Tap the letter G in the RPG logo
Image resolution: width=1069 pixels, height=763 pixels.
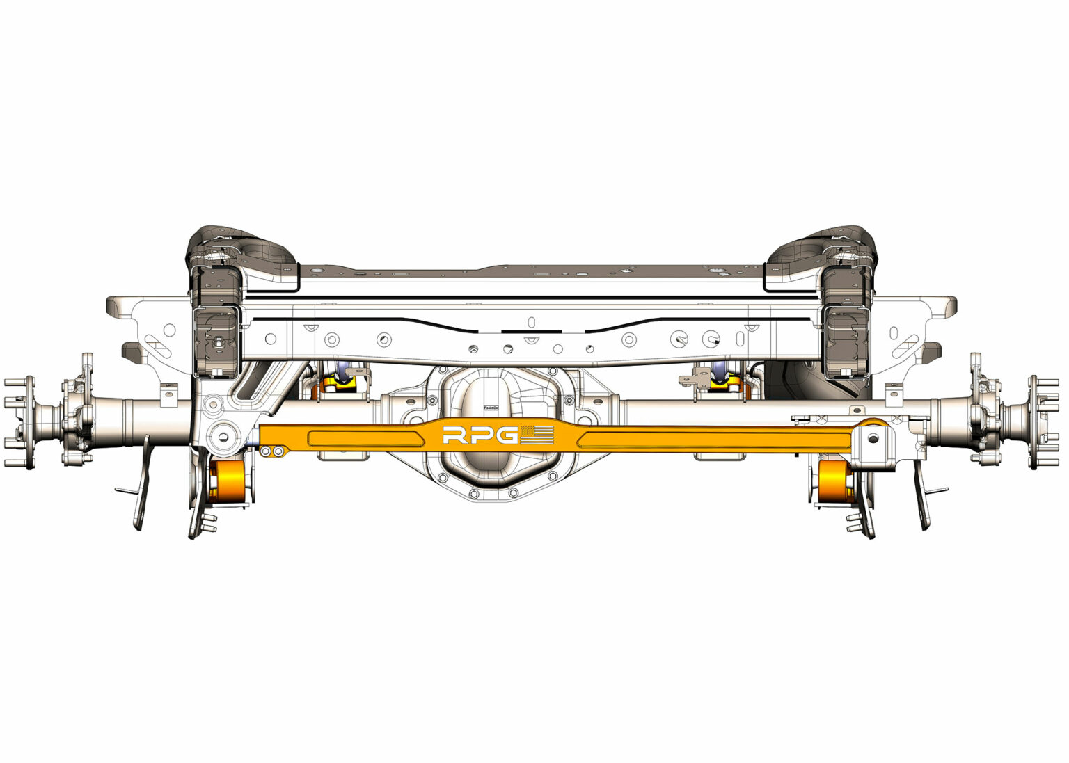click(x=508, y=436)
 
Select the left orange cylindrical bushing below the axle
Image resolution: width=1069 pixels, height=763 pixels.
click(x=226, y=481)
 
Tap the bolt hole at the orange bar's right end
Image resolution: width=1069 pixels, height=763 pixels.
click(x=871, y=437)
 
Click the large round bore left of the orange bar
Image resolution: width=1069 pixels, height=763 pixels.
click(x=223, y=436)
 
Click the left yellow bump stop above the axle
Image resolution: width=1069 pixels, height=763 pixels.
click(x=343, y=380)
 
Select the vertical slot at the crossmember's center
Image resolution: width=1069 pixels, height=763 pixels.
click(x=531, y=323)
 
